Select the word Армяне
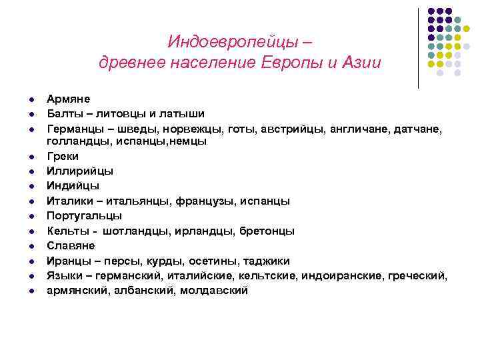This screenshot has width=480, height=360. click(69, 99)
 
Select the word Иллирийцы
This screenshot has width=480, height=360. click(79, 171)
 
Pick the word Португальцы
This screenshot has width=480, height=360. click(84, 216)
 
